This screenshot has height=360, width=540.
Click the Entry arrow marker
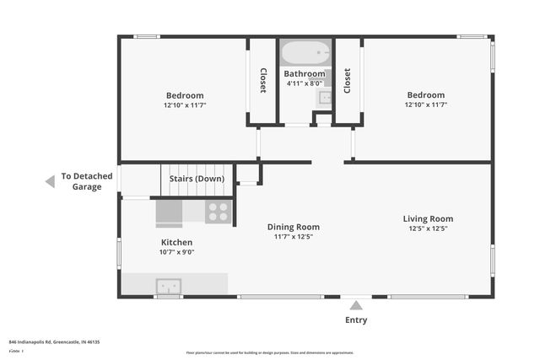(356, 305)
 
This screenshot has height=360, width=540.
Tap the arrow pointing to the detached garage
(50, 181)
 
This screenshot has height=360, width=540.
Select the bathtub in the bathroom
(306, 54)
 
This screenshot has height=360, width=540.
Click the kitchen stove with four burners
(218, 212)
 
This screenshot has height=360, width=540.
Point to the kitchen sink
(168, 285)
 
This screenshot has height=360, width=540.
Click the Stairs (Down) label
(197, 179)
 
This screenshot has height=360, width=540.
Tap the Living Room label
(428, 218)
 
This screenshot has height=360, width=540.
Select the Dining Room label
(293, 226)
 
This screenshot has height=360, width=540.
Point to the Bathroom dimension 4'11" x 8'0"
(304, 83)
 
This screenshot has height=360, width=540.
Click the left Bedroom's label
(184, 95)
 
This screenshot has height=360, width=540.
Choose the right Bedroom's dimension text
(425, 105)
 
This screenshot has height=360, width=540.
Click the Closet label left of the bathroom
(263, 80)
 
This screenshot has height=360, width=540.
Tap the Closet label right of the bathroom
(348, 80)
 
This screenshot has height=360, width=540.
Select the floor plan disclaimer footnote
(269, 352)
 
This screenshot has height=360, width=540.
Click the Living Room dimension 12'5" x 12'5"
(428, 228)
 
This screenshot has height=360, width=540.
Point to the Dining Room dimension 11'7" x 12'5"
(293, 236)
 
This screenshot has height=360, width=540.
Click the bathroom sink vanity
(325, 98)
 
